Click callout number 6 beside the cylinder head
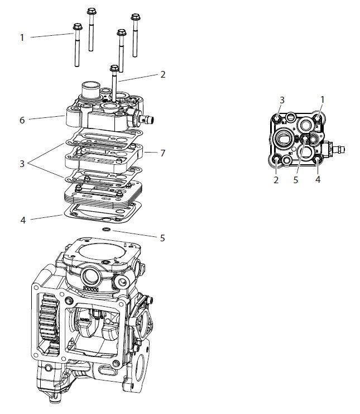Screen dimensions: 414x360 (22, 120)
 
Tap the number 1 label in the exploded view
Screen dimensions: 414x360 (22, 37)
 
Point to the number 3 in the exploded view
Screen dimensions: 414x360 (22, 164)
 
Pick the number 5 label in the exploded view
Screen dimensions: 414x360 (162, 238)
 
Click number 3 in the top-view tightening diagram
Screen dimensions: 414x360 (282, 100)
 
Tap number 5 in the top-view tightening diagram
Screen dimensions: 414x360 (296, 180)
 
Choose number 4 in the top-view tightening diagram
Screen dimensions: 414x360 (318, 180)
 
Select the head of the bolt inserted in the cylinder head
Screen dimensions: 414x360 (114, 68)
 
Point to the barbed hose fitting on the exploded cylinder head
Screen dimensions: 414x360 (148, 118)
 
